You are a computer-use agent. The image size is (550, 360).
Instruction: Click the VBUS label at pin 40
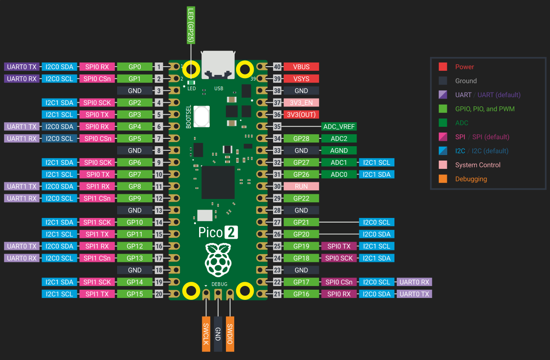point(301,67)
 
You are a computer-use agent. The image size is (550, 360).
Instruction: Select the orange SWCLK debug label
point(206,334)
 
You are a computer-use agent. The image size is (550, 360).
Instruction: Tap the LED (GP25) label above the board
point(190,25)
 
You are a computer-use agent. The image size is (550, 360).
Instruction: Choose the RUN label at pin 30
point(301,186)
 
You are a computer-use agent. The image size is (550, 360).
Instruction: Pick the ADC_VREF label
point(339,126)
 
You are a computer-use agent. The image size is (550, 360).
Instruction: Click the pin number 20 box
point(159,294)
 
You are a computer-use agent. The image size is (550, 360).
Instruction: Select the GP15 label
point(135,294)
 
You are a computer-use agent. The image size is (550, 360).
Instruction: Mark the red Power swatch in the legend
point(443,67)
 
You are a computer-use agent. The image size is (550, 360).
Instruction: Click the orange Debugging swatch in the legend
point(443,179)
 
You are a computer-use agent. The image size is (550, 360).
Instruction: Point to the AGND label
point(339,150)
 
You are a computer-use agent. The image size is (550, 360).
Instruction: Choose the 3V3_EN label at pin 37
point(301,102)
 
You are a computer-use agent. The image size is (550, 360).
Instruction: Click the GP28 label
point(301,138)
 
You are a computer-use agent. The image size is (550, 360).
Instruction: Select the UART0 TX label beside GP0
point(22,67)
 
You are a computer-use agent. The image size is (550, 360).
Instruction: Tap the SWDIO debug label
point(230,334)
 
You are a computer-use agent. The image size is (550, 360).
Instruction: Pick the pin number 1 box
point(159,67)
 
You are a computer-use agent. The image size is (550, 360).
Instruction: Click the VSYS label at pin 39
point(301,79)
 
